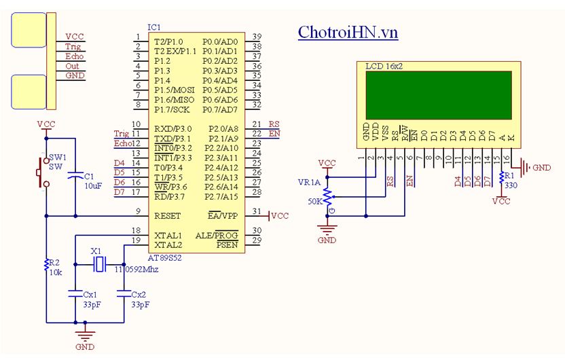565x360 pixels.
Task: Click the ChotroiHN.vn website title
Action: [348, 32]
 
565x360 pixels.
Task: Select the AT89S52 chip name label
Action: [166, 258]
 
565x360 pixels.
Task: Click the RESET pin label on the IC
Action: [168, 215]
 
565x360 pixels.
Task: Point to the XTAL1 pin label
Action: [168, 234]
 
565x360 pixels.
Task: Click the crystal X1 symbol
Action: [99, 264]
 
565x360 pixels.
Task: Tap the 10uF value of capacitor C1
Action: [93, 185]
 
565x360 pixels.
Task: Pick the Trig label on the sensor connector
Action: [73, 47]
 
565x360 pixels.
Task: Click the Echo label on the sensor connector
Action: [74, 56]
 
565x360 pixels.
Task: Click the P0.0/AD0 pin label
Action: [220, 41]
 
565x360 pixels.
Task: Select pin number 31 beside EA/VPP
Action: [257, 212]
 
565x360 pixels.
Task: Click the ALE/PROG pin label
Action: [217, 235]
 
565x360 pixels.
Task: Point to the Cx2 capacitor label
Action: [138, 295]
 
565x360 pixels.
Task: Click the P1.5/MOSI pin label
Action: [175, 90]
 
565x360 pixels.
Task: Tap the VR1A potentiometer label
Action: [310, 182]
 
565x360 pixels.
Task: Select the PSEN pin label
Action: [227, 245]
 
